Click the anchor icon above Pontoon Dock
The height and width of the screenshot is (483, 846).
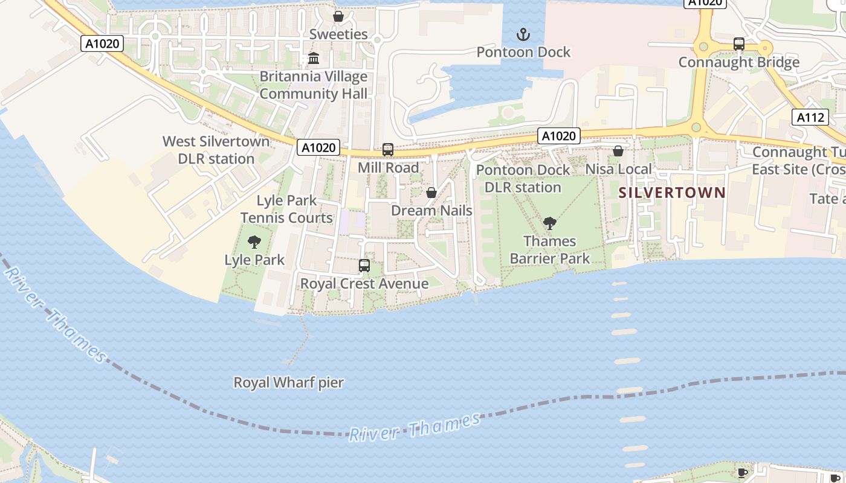[523, 34]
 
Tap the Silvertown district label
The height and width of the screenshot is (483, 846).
[672, 193]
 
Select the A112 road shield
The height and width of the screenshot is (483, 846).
[810, 117]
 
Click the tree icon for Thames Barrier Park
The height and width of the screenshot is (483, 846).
[549, 224]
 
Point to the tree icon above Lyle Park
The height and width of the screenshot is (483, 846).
[254, 243]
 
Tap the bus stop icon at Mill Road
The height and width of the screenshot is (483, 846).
[388, 150]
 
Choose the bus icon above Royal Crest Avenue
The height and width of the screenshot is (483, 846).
[364, 266]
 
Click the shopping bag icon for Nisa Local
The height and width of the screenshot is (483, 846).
[618, 151]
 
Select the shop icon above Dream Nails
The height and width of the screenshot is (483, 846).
[431, 193]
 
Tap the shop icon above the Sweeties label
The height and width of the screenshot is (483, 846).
[338, 16]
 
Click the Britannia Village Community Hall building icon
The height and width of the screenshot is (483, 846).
[314, 59]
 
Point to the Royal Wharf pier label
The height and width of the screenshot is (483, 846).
[288, 382]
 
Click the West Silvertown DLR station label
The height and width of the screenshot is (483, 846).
[216, 150]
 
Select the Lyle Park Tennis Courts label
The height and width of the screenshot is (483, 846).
[286, 209]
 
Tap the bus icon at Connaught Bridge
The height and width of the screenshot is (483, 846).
[738, 44]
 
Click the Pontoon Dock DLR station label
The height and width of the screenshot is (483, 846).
[523, 179]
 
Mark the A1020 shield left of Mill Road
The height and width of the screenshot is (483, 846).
[318, 147]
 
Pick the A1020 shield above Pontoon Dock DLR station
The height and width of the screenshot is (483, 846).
[559, 136]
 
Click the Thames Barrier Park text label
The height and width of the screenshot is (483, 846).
[549, 250]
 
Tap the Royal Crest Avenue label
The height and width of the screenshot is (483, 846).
[364, 283]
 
